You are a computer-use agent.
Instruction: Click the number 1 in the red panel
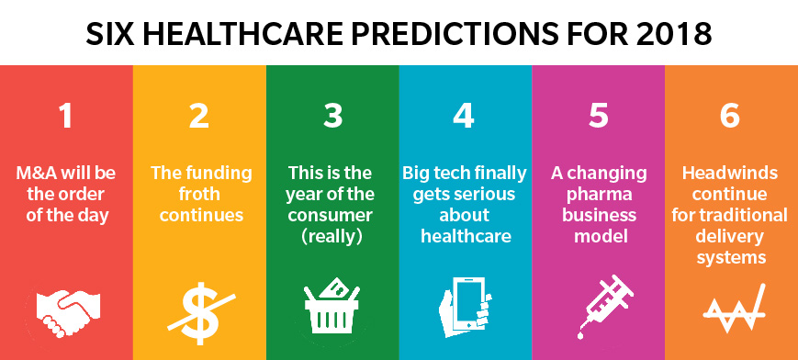point(65,117)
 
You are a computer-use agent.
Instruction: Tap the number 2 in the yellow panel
point(199,117)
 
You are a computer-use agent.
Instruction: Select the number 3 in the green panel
point(332,117)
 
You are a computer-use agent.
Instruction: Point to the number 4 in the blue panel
point(464,117)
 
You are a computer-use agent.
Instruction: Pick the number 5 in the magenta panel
point(599,117)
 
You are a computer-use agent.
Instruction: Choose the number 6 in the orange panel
point(730,117)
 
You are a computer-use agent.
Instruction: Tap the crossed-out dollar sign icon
point(201,311)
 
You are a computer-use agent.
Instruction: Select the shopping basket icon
point(332,306)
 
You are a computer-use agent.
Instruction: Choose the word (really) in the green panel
point(332,237)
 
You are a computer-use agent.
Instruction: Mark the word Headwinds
point(730,174)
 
